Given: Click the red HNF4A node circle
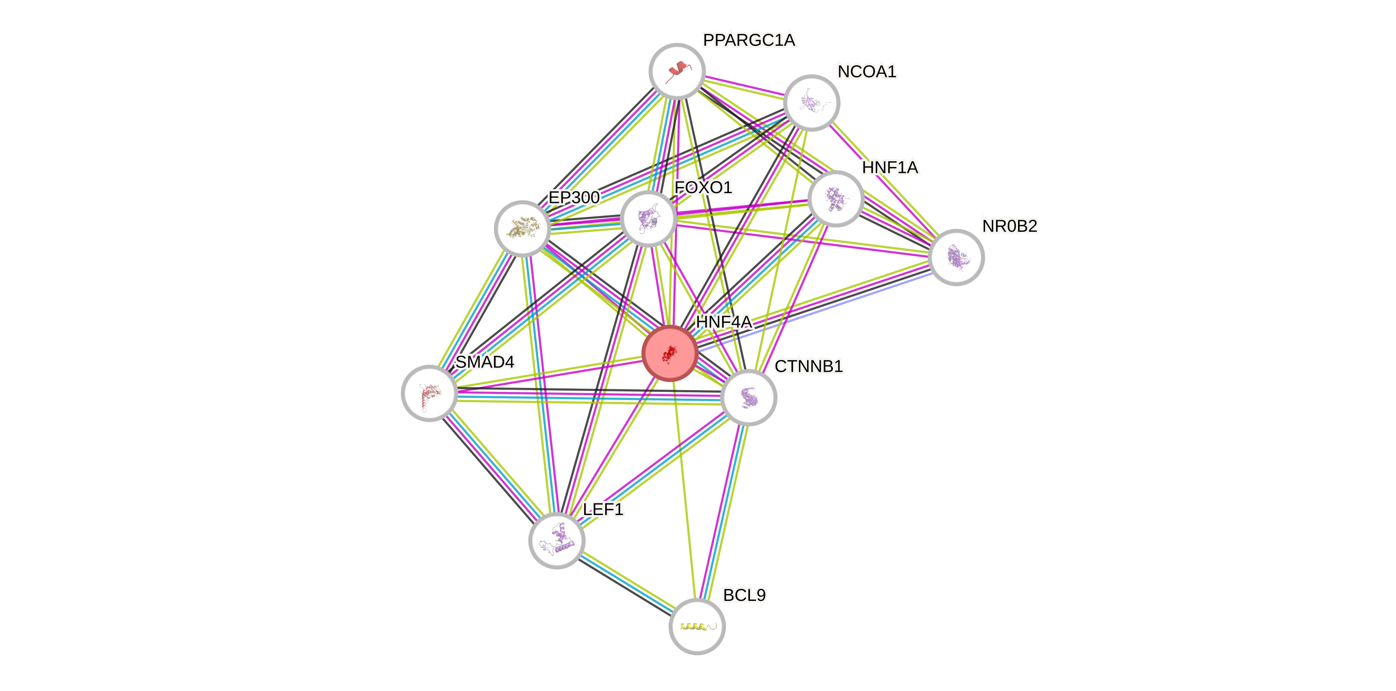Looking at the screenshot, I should point(670,353).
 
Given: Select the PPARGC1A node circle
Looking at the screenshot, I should point(677,71).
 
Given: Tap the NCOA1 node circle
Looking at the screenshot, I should point(811,102).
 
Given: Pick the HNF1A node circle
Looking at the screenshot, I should point(835,198).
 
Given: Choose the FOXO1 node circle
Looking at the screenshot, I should point(648,218).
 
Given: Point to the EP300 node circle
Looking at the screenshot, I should point(522,228).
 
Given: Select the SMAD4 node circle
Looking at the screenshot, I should point(429,393).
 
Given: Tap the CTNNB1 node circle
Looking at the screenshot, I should point(748,397).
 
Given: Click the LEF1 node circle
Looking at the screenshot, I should point(557,540).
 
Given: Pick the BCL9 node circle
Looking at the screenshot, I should point(697,627).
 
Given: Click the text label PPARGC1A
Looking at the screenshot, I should point(749,40).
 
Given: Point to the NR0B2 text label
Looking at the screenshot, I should point(1009,226).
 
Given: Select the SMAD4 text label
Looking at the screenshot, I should point(485,362).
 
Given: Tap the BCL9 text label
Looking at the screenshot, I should point(744,595).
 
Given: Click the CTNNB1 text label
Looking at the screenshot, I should point(808,367).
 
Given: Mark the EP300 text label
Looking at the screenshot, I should point(574,197).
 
